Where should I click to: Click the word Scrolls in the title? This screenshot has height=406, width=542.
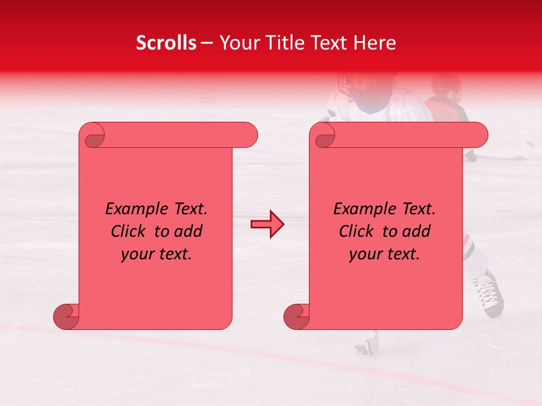[166, 43]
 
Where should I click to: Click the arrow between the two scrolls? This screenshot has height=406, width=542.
[267, 224]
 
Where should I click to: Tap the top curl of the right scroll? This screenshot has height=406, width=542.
[324, 136]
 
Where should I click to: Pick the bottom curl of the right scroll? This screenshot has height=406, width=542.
[297, 316]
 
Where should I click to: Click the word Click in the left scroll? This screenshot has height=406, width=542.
[129, 231]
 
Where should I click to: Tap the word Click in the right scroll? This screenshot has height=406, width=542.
[357, 231]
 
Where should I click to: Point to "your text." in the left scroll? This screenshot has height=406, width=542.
[156, 254]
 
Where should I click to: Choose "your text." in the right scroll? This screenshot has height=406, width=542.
[384, 254]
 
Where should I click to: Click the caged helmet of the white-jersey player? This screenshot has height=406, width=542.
[355, 86]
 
